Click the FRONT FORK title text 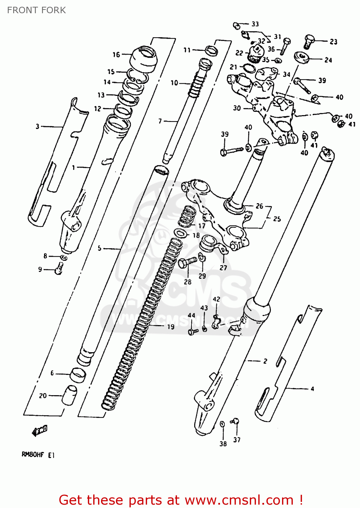coord(36,10)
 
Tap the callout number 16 coord(116,55)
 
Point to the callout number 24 coord(328,60)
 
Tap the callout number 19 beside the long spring coord(171,326)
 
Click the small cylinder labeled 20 coord(69,395)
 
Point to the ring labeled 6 coord(78,375)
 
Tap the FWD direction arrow coord(39,431)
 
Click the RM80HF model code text coord(33,455)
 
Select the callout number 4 coord(312,389)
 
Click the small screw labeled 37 coord(235,421)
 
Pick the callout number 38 coord(223,444)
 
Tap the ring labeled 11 coord(211,50)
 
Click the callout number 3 coord(37,126)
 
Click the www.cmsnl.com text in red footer coord(239,500)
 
